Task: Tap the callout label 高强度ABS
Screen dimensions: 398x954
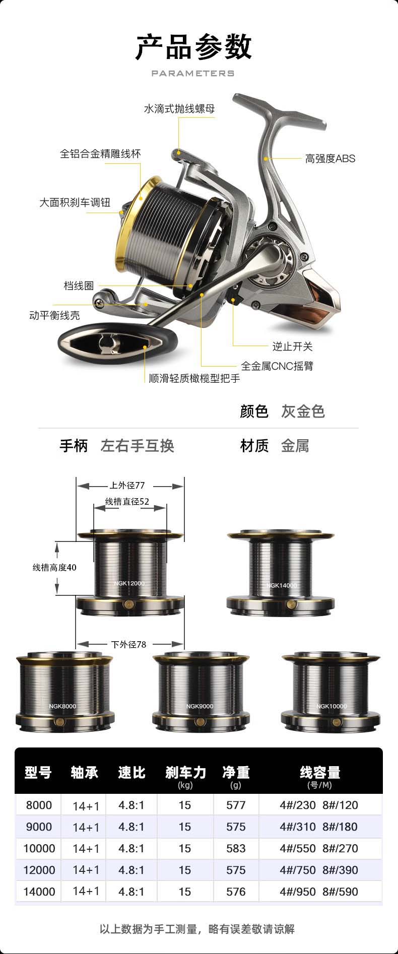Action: pyautogui.click(x=330, y=159)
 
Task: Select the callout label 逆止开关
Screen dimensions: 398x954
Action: pyautogui.click(x=292, y=347)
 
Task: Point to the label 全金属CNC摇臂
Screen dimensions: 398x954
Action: pyautogui.click(x=277, y=366)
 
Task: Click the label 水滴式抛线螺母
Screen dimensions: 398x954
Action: pyautogui.click(x=179, y=109)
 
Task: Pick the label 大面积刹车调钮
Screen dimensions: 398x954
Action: pyautogui.click(x=75, y=202)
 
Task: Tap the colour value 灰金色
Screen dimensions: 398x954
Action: pyautogui.click(x=303, y=412)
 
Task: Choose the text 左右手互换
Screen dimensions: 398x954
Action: pyautogui.click(x=137, y=446)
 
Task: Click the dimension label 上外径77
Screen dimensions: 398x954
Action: pyautogui.click(x=127, y=486)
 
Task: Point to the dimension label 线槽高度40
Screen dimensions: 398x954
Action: pyautogui.click(x=54, y=567)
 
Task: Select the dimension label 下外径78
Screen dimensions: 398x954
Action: pyautogui.click(x=128, y=644)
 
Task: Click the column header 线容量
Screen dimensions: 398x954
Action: pyautogui.click(x=320, y=773)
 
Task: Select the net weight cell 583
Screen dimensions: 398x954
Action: pyautogui.click(x=236, y=848)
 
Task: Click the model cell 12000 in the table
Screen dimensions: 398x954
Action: pyautogui.click(x=39, y=870)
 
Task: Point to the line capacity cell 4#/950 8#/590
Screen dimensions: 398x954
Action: pyautogui.click(x=319, y=892)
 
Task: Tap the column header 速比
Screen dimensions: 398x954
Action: pyautogui.click(x=131, y=773)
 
